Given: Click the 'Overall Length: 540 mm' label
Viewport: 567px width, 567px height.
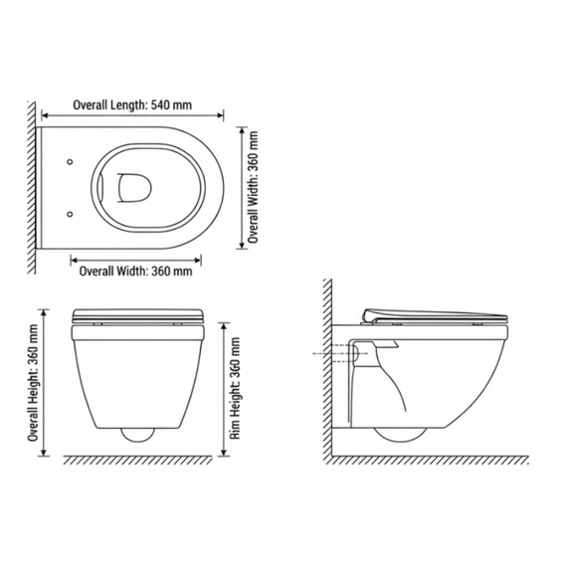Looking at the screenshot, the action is tap(132, 105).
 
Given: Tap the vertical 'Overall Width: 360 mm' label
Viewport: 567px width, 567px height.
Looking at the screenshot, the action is tap(253, 187).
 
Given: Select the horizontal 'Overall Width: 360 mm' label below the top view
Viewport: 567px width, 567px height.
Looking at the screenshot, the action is tap(135, 271).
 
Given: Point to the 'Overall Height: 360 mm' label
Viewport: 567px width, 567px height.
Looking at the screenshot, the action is tap(33, 383).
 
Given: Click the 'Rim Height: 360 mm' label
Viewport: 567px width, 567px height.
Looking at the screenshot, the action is tap(236, 388).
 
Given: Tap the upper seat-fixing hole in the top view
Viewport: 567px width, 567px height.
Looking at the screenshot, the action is tap(71, 162).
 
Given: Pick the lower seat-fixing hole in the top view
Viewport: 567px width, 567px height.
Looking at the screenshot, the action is tap(71, 215).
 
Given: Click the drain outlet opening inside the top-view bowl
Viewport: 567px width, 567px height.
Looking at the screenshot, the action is tap(134, 187).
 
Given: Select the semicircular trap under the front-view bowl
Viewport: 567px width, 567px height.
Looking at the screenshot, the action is tap(138, 436).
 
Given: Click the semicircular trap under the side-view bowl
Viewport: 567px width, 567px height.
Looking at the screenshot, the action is tap(400, 435).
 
